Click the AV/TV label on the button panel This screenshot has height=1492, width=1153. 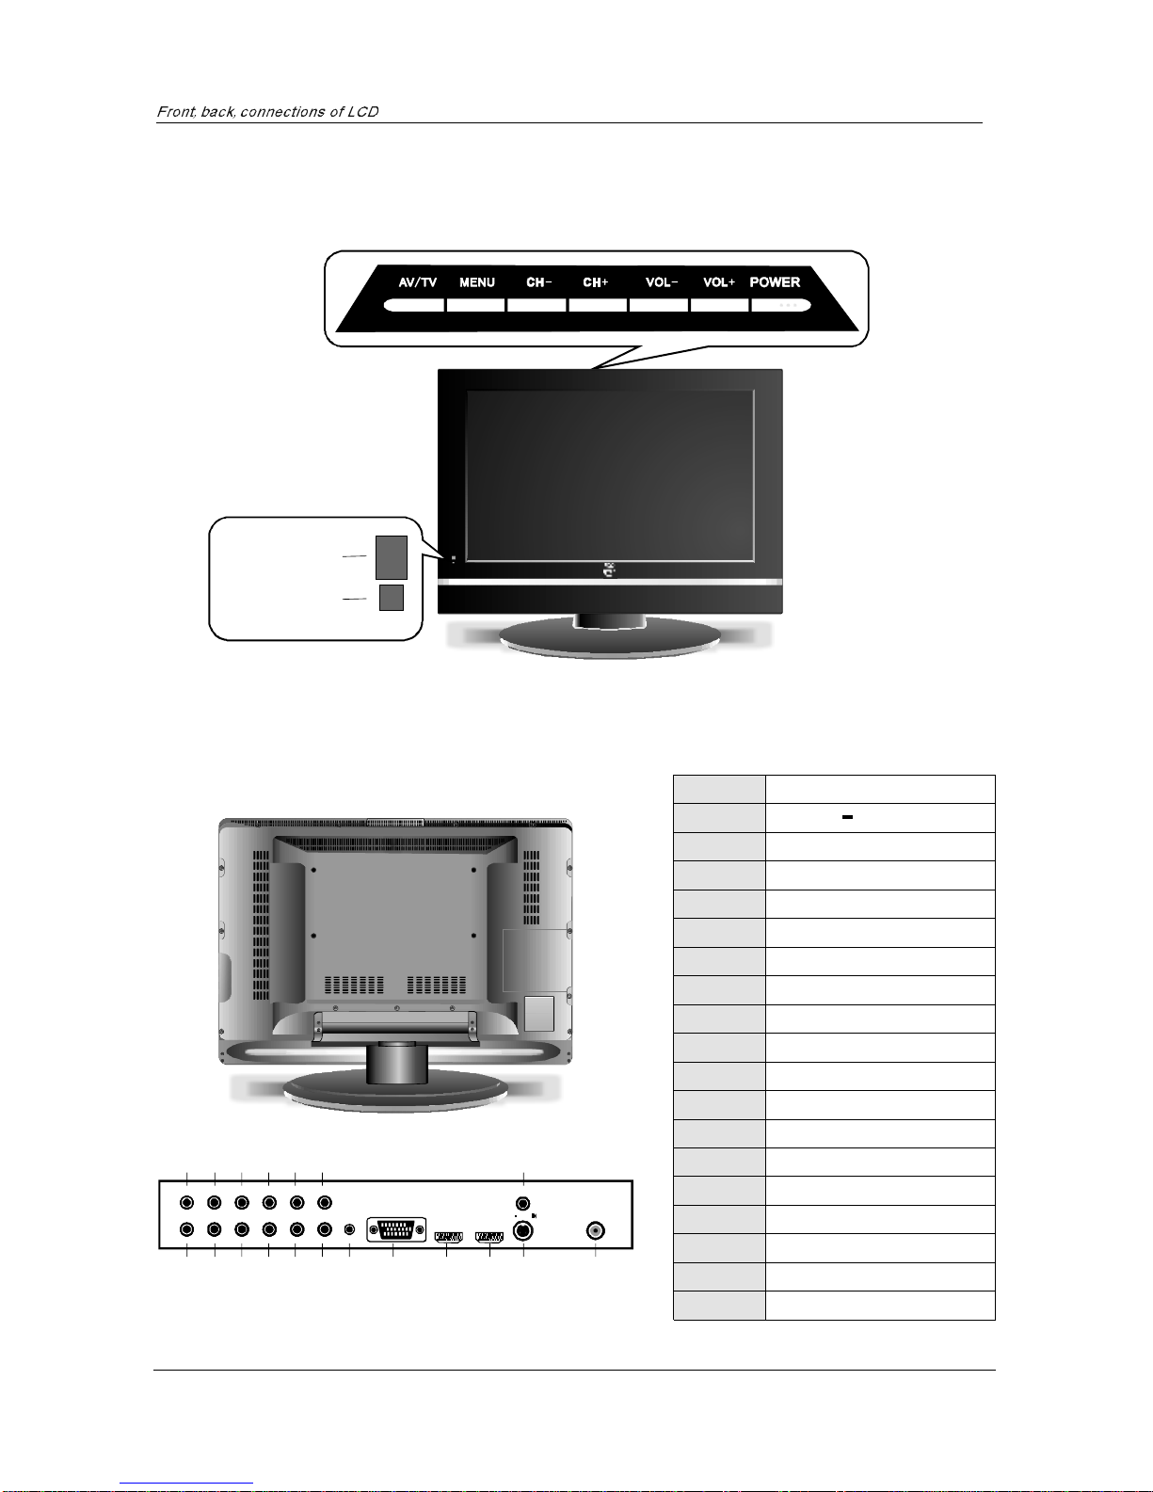[417, 282]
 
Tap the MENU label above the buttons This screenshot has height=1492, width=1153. [477, 282]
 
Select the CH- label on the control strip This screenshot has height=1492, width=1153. [538, 282]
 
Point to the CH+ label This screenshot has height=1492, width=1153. [596, 282]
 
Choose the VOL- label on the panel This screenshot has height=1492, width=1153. [662, 282]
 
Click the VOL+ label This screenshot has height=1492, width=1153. [718, 282]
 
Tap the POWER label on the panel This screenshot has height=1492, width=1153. [775, 282]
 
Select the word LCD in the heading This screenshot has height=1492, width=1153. [362, 112]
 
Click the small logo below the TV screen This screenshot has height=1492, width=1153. [610, 570]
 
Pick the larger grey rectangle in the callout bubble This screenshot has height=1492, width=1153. [392, 557]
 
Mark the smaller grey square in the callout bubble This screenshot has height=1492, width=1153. [392, 598]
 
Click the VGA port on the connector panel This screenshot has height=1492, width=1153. [396, 1229]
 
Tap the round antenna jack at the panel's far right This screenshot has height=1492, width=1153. [596, 1230]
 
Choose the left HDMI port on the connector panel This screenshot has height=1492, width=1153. [448, 1236]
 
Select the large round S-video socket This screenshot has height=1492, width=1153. [523, 1230]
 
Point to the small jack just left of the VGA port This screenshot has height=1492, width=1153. [349, 1229]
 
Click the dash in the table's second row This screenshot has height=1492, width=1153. [848, 817]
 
